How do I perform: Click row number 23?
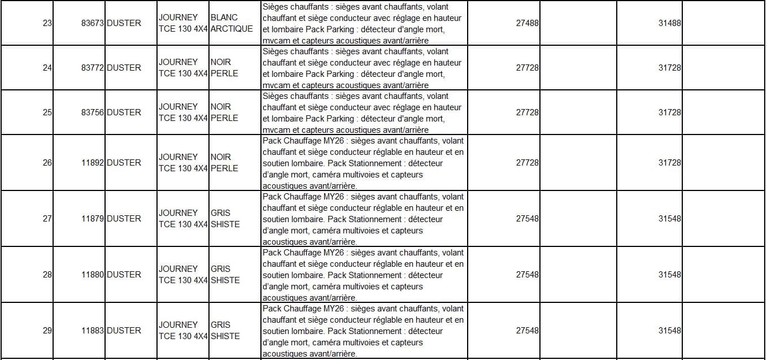click(x=47, y=24)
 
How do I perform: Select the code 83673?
click(x=93, y=24)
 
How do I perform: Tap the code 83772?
click(x=93, y=68)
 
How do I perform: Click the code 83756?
click(x=93, y=112)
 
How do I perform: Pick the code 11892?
click(x=93, y=163)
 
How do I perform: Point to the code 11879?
click(x=93, y=219)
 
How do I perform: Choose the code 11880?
click(x=93, y=275)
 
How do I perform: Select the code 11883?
click(x=93, y=331)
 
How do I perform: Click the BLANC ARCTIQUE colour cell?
click(x=231, y=23)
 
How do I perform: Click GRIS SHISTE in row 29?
click(x=225, y=331)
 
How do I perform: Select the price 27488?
click(x=527, y=24)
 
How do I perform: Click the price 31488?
click(x=669, y=24)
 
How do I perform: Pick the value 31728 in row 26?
click(x=669, y=163)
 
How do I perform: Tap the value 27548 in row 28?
click(x=527, y=275)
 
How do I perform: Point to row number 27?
click(x=47, y=219)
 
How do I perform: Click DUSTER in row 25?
click(x=124, y=112)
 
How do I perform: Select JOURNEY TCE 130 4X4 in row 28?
click(x=183, y=275)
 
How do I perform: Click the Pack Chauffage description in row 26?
click(x=363, y=163)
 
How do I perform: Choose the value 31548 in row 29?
click(x=669, y=331)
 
